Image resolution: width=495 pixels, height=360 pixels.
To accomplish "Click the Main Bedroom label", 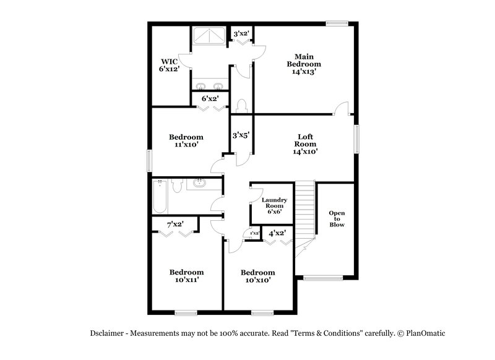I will (x=303, y=64).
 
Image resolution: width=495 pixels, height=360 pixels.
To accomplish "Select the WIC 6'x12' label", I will (x=170, y=66).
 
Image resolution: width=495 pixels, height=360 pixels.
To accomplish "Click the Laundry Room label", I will (x=274, y=205).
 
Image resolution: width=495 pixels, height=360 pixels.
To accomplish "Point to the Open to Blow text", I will (x=337, y=219).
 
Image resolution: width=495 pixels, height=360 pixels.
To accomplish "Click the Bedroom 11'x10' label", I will (x=186, y=141).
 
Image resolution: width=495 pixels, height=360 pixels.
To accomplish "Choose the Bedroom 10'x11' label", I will (x=186, y=276).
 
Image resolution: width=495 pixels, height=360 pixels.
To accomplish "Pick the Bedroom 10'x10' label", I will (x=257, y=276).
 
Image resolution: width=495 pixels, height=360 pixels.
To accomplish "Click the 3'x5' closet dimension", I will (x=240, y=134).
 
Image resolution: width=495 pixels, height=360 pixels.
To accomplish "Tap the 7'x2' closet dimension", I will (x=175, y=224).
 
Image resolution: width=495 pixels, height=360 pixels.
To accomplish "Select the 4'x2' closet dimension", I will (x=277, y=233).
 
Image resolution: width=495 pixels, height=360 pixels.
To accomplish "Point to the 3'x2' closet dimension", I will (x=241, y=33).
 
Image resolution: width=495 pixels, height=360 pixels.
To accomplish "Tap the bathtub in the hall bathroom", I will (x=159, y=197).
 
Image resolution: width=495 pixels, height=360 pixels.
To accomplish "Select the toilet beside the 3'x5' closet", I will (x=243, y=105).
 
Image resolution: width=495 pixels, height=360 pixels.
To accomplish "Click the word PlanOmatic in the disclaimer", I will (x=423, y=333).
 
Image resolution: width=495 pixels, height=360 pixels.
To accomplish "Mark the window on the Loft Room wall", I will (x=356, y=139).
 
